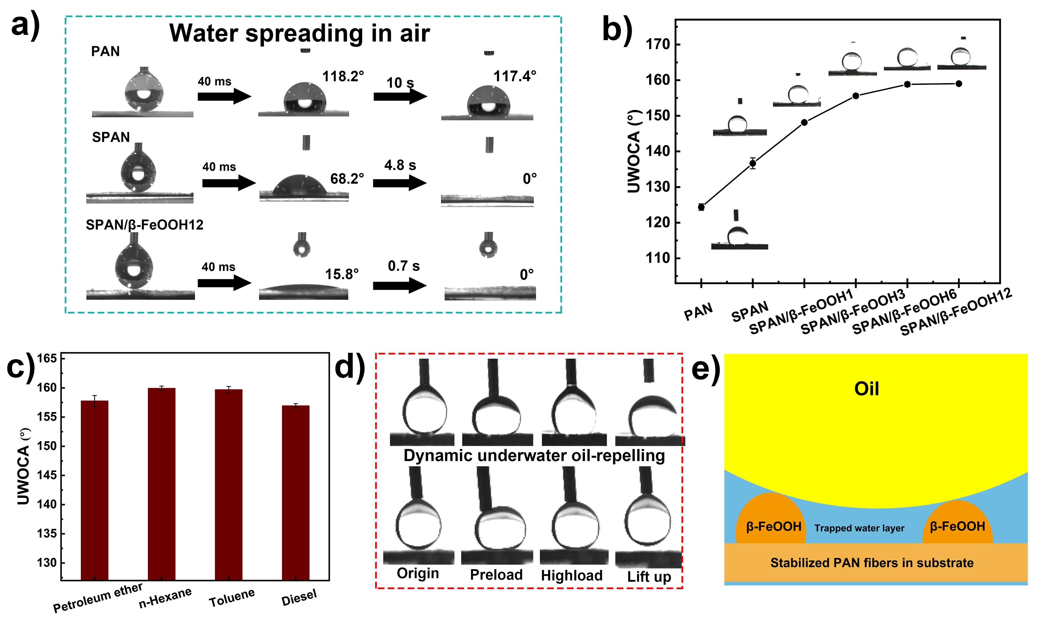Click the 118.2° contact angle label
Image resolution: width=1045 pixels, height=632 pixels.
tap(343, 76)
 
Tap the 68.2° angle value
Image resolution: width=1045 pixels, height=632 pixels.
tap(347, 179)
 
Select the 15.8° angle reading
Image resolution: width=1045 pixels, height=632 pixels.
tap(342, 274)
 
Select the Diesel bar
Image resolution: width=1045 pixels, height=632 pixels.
tap(296, 493)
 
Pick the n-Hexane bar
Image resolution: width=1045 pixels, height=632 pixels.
tap(161, 484)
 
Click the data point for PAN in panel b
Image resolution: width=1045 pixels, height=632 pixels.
tap(701, 207)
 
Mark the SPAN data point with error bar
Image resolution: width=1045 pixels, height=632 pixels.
tap(753, 163)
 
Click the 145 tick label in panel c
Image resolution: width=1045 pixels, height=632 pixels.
tap(47, 475)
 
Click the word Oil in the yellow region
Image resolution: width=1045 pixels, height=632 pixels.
tap(866, 389)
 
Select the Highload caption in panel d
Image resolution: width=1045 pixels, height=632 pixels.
tap(572, 576)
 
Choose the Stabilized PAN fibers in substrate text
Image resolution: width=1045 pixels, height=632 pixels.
tap(872, 563)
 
